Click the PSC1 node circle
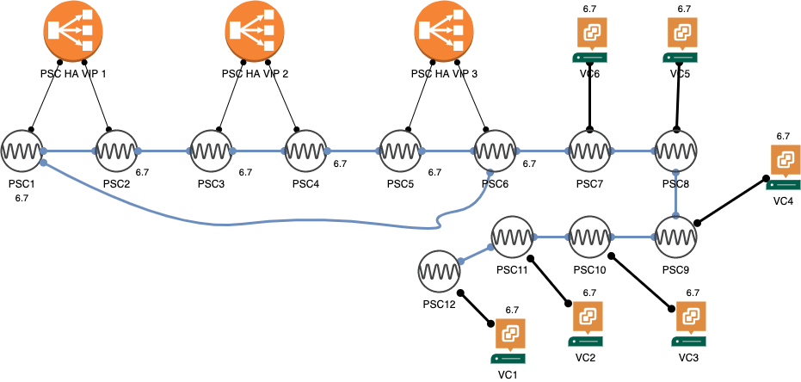[21, 151]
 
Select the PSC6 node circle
[495, 151]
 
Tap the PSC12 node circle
[438, 272]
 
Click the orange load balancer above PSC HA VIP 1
[73, 30]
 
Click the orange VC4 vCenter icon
[784, 161]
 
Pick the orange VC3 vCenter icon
[690, 317]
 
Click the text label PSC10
[590, 270]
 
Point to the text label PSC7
[590, 185]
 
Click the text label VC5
[681, 74]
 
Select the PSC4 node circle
[305, 151]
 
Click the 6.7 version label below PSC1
[22, 198]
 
